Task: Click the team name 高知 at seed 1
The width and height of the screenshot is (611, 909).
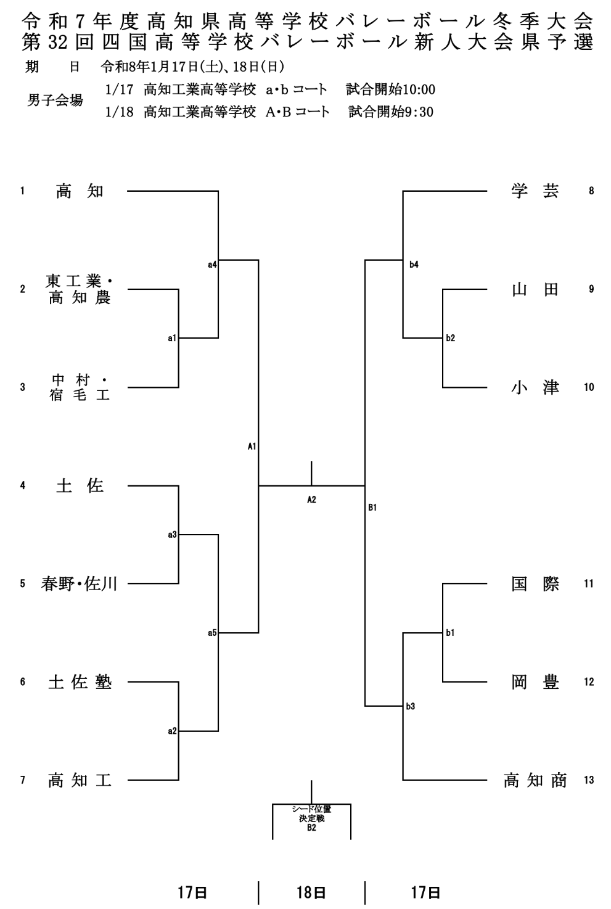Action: click(80, 191)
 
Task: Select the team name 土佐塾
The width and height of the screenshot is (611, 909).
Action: click(80, 682)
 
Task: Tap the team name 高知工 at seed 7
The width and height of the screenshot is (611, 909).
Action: click(80, 780)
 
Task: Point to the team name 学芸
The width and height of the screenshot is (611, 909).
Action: click(535, 191)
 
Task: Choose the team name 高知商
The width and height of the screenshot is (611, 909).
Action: click(535, 780)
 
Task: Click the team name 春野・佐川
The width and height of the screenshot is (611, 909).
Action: click(79, 583)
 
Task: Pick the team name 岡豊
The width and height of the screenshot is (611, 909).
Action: click(535, 682)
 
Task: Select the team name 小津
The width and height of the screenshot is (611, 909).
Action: click(535, 387)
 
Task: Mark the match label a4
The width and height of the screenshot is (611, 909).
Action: click(211, 265)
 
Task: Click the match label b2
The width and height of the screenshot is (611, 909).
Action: click(450, 338)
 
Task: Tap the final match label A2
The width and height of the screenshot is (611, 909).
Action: click(311, 500)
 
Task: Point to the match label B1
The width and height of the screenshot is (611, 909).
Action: click(372, 508)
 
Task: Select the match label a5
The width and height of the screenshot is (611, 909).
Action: click(211, 632)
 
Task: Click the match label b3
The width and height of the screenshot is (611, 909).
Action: click(411, 706)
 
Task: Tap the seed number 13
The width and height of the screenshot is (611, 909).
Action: click(589, 780)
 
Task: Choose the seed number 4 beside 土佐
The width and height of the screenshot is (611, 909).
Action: click(23, 485)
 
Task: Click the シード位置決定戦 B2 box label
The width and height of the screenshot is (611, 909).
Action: click(311, 818)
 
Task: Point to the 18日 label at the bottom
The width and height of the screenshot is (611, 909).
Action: click(311, 892)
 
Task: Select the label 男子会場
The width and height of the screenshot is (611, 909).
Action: click(55, 101)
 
